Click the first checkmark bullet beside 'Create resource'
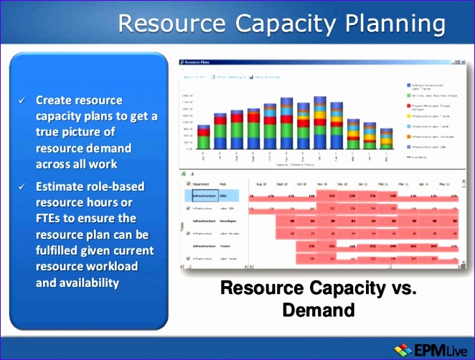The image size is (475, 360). point(22,100)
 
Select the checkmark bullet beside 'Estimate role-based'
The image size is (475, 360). point(22,187)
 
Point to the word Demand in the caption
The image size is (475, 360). point(318,310)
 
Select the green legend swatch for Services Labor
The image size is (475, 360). point(408,95)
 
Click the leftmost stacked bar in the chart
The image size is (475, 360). point(204,137)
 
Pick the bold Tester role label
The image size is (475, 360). point(228,245)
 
